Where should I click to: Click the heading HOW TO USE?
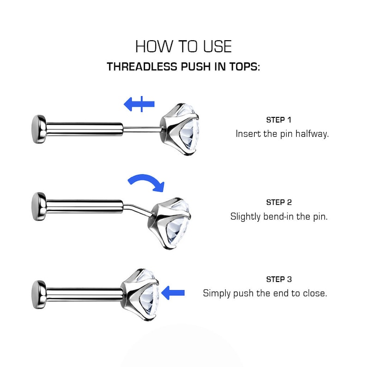183,46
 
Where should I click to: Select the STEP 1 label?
279,120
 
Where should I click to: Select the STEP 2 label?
279,202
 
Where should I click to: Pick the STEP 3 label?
279,279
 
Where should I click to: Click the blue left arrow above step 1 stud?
139,104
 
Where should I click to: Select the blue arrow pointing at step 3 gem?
173,293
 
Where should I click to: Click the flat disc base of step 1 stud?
39,129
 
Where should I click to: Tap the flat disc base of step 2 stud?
39,207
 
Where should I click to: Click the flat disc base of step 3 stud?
39,294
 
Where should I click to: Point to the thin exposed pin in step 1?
142,129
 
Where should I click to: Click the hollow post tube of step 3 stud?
84,294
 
